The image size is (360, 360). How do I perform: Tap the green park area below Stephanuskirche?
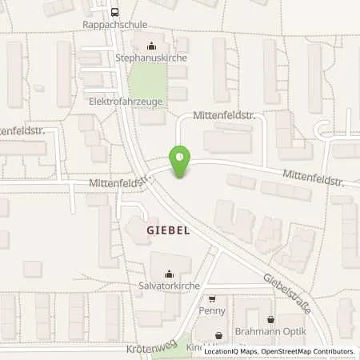point(147,84)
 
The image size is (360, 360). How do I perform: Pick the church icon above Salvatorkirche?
point(169,274)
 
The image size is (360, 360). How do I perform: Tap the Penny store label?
point(214,310)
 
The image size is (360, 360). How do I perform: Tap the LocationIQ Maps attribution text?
point(234,351)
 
